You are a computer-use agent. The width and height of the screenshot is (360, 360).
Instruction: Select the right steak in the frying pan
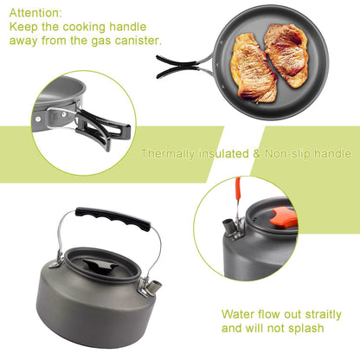click(286, 54)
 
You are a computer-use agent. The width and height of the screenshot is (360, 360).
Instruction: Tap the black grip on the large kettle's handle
click(112, 217)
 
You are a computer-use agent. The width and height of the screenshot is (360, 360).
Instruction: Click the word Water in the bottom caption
click(239, 314)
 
